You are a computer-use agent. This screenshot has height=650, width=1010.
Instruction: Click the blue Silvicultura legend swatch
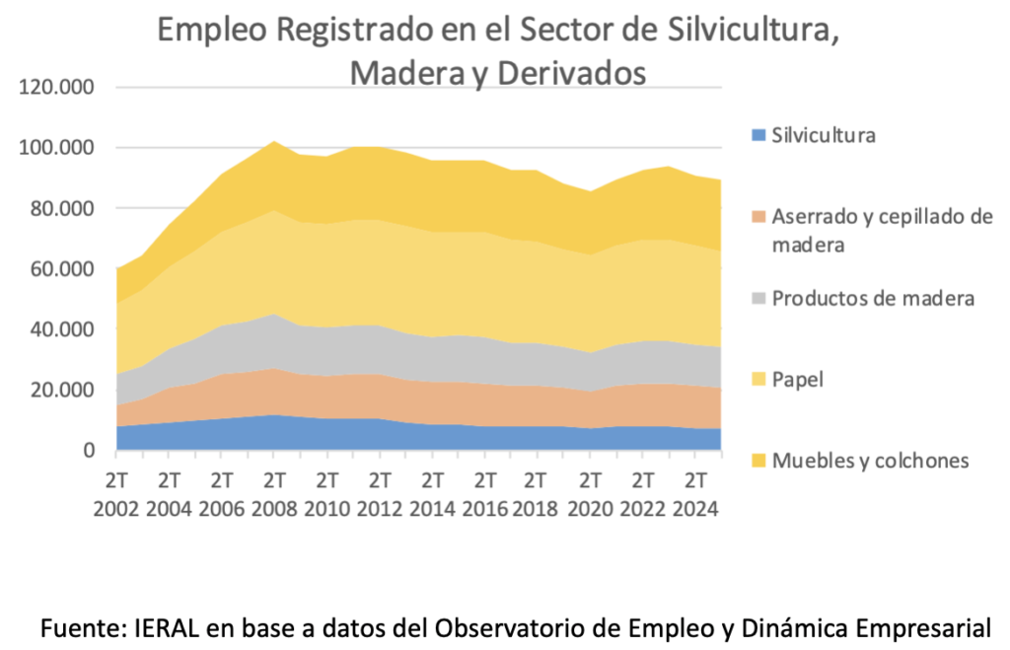(x=757, y=135)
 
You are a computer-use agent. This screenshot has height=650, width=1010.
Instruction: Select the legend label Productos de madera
(x=874, y=298)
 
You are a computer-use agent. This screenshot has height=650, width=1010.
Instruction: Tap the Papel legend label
(x=798, y=379)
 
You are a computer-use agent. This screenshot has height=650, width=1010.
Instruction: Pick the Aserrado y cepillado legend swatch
(x=757, y=216)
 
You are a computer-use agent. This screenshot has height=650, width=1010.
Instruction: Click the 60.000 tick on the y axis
(x=60, y=268)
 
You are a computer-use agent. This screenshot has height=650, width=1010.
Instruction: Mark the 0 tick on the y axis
(x=87, y=451)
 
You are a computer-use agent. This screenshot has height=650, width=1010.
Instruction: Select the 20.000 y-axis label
(x=60, y=390)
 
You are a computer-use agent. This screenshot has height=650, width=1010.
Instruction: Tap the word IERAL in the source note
(x=164, y=626)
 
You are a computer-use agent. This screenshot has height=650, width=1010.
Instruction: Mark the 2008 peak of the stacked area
(x=274, y=141)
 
